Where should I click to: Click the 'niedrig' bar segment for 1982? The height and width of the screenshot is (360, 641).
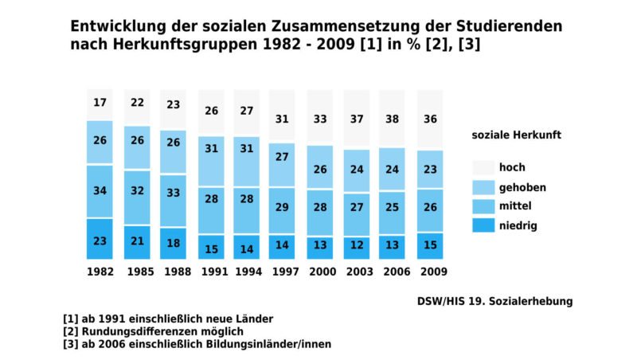(100, 239)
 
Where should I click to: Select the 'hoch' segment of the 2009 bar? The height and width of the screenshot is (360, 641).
(430, 119)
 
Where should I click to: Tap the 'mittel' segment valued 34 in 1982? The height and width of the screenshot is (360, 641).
(100, 190)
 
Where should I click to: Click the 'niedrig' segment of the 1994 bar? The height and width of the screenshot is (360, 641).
(247, 248)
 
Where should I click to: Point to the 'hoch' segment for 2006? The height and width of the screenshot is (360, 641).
(393, 118)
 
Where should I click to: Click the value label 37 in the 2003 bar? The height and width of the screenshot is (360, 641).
(357, 119)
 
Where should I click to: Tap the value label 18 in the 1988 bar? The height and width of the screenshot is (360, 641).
(174, 243)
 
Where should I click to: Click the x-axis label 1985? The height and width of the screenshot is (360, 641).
(137, 272)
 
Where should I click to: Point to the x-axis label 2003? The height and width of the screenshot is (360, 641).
(357, 272)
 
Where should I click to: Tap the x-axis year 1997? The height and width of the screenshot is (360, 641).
(283, 272)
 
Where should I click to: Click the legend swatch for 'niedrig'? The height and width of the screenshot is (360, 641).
(483, 225)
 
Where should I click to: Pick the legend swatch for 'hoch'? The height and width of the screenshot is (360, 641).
(483, 167)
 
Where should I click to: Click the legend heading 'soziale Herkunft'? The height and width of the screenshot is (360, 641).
(516, 135)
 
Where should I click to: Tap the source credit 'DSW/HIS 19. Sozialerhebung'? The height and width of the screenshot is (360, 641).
(494, 302)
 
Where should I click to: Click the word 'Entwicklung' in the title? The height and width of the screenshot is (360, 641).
(116, 26)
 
